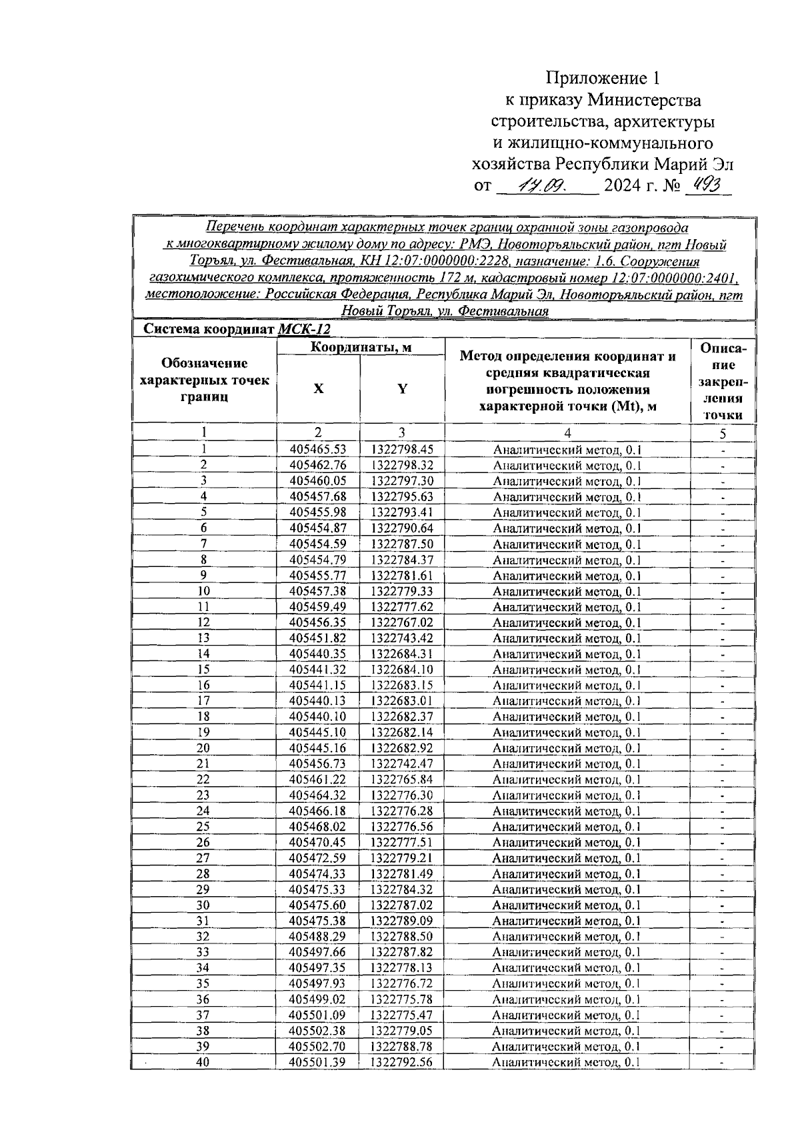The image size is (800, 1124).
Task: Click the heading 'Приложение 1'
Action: pyautogui.click(x=603, y=79)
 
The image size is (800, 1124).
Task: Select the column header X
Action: pyautogui.click(x=318, y=389)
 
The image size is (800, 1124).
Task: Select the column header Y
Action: pyautogui.click(x=402, y=389)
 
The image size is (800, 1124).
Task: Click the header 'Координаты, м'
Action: pyautogui.click(x=361, y=347)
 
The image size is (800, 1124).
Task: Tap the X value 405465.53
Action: pyautogui.click(x=318, y=450)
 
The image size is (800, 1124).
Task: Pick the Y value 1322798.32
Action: pyautogui.click(x=402, y=465)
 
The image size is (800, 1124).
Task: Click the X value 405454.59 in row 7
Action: pyautogui.click(x=318, y=544)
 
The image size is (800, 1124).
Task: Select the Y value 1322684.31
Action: pyautogui.click(x=402, y=654)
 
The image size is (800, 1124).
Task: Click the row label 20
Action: pyautogui.click(x=203, y=748)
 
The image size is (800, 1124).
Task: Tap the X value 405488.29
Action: pyautogui.click(x=318, y=937)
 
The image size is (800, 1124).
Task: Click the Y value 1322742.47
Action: pyautogui.click(x=402, y=764)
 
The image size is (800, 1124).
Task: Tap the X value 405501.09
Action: pyautogui.click(x=318, y=1015)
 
